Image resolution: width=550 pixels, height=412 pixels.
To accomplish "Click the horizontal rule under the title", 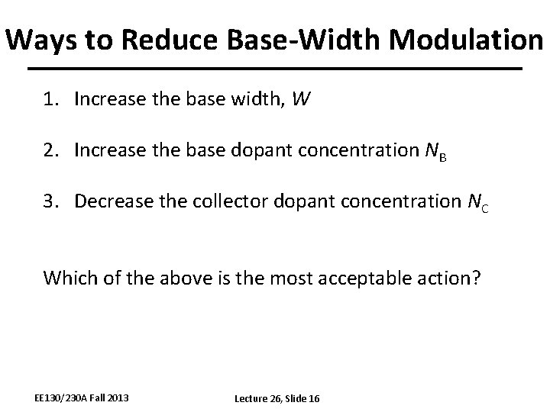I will tap(275, 69).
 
